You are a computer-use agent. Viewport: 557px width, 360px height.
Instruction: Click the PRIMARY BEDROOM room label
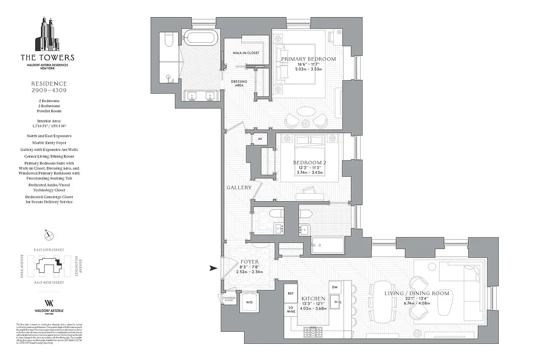(x=308, y=59)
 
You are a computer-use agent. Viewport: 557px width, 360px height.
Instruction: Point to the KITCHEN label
(x=313, y=298)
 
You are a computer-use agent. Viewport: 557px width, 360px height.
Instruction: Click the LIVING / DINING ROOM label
(x=417, y=293)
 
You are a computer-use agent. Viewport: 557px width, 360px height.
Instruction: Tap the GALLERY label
(x=239, y=187)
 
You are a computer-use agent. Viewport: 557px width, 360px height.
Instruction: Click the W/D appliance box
(x=249, y=302)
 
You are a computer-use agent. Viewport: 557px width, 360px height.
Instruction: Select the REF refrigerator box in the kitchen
(x=291, y=293)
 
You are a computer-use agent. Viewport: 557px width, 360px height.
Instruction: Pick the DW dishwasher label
(x=335, y=287)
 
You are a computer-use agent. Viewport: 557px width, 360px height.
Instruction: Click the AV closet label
(x=260, y=139)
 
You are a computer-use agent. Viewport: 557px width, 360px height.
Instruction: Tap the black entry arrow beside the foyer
(x=213, y=269)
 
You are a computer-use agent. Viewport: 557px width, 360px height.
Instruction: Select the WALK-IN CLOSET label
(x=246, y=53)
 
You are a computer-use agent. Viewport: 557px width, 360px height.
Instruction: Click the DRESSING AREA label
(x=239, y=83)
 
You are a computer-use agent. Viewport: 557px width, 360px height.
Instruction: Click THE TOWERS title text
(x=47, y=58)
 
